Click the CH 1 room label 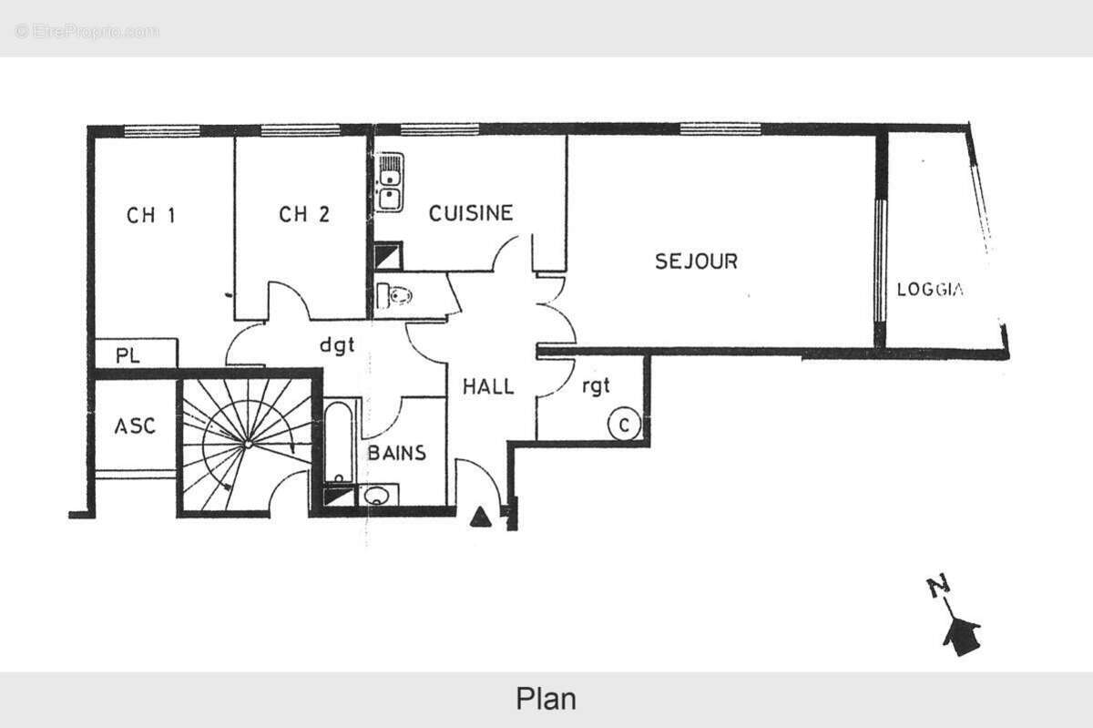(150, 215)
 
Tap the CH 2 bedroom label (304, 215)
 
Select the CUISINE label (471, 213)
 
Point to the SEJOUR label (696, 261)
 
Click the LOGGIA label (930, 291)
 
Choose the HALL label (487, 386)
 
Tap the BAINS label (396, 453)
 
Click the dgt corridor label (336, 345)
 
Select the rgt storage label (596, 386)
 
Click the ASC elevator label (134, 426)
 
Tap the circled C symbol (624, 425)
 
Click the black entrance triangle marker (480, 518)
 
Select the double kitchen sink (391, 183)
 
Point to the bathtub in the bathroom (339, 442)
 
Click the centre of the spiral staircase (247, 444)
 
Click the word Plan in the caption (546, 699)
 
